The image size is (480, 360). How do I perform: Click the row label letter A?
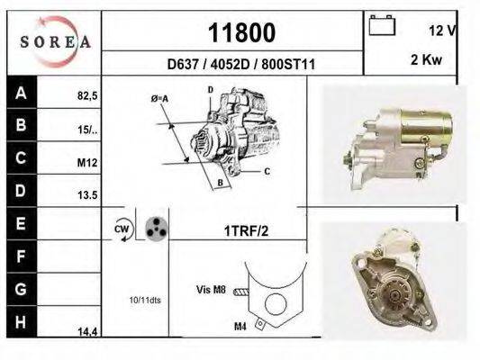[x=20, y=92]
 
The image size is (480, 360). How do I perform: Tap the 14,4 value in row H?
[x=87, y=332]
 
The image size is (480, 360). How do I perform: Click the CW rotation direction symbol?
[x=122, y=229]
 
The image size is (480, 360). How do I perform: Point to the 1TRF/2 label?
[x=246, y=230]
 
